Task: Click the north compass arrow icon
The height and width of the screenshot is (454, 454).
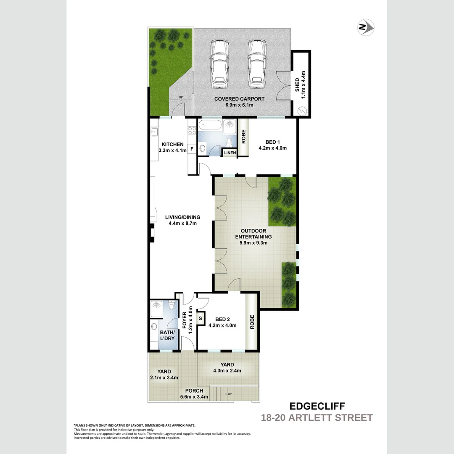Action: (x=366, y=28)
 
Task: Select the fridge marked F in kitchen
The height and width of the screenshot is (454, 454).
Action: (x=192, y=148)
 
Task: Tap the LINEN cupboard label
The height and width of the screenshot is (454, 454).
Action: (x=230, y=153)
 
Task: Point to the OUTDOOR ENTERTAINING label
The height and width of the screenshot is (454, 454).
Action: (x=253, y=234)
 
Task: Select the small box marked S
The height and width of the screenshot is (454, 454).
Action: (x=200, y=318)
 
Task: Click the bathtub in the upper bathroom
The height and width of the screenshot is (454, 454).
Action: (x=209, y=125)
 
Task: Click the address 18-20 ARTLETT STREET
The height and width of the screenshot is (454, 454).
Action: (x=317, y=417)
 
